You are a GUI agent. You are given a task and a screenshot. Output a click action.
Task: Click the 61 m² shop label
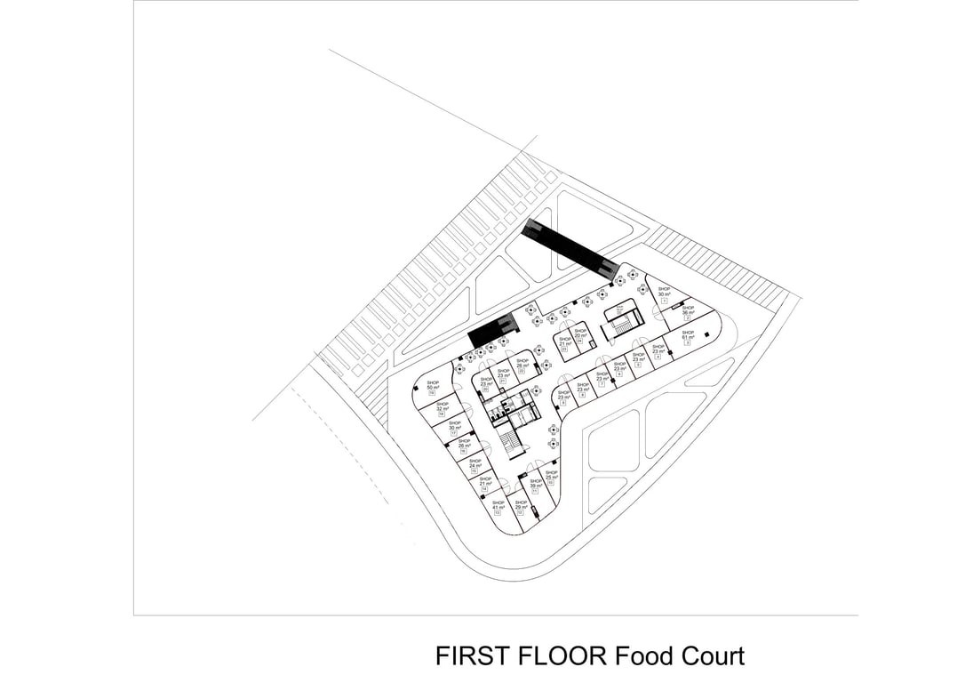[687, 335]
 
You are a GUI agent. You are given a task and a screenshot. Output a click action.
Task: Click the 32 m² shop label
[441, 406]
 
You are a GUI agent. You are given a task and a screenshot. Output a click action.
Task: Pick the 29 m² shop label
[521, 505]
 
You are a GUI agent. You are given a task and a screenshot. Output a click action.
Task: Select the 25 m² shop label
[551, 475]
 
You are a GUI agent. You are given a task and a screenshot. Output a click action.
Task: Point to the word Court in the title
[707, 656]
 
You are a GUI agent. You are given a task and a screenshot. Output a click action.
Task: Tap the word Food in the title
[637, 656]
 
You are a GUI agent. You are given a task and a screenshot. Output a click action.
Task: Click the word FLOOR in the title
[557, 656]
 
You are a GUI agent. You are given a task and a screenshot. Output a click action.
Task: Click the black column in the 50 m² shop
[420, 387]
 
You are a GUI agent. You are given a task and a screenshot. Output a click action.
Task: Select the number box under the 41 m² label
[498, 514]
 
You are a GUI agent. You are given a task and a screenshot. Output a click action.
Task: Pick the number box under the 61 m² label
[687, 343]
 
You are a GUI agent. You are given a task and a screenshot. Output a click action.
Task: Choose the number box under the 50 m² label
[433, 394]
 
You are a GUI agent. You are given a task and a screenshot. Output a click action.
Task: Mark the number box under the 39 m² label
[536, 492]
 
